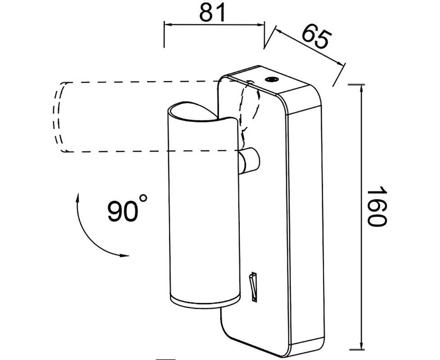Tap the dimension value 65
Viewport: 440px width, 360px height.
tap(315, 37)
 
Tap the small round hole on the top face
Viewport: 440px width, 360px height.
tap(271, 80)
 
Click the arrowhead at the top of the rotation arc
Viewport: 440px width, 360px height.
tap(78, 197)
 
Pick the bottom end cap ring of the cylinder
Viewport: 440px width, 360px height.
tap(205, 302)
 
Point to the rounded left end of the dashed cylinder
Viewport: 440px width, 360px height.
tap(58, 117)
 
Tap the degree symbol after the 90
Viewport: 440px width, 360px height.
tap(143, 198)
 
